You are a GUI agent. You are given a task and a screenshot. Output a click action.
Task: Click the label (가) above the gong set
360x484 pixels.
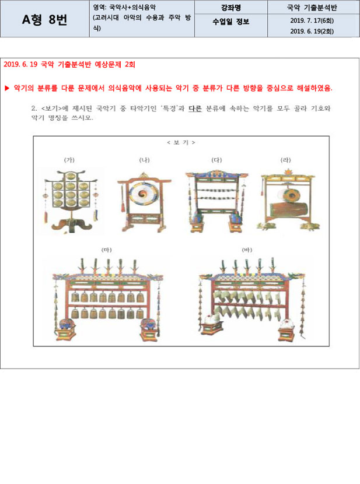(69, 160)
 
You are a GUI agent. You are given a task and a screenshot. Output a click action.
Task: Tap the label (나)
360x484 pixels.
(144, 160)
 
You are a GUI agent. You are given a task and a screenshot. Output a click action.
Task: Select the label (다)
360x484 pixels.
(216, 160)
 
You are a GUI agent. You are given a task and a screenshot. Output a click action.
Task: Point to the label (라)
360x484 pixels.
(285, 160)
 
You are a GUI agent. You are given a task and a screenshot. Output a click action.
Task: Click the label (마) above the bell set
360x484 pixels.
(107, 250)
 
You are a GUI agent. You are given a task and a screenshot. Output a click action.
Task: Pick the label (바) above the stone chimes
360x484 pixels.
(247, 250)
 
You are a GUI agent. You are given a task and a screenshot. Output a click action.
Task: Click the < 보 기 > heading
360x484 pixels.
(181, 142)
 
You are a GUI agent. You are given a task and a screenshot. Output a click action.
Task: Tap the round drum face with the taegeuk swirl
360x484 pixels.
(142, 194)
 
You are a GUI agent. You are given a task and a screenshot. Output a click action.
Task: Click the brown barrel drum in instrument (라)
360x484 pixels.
(289, 209)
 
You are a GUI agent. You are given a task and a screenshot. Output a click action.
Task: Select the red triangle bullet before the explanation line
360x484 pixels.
(7, 88)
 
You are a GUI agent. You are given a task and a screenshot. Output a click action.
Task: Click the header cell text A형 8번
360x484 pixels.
(44, 20)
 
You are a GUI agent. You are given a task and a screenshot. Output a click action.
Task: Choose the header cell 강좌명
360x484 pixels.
(230, 8)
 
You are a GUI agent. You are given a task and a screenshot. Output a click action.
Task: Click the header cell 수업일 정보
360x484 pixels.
(230, 22)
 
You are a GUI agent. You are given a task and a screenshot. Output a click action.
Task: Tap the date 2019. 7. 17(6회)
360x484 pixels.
(312, 20)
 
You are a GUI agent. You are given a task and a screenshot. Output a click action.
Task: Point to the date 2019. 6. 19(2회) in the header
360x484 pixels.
(312, 31)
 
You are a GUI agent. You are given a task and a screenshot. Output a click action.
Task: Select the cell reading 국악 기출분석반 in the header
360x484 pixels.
(312, 8)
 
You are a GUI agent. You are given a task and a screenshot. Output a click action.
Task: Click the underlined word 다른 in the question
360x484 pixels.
(195, 108)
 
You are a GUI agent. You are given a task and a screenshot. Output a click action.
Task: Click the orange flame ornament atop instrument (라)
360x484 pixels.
(288, 171)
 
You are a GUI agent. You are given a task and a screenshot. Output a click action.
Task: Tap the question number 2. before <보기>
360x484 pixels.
(34, 108)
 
